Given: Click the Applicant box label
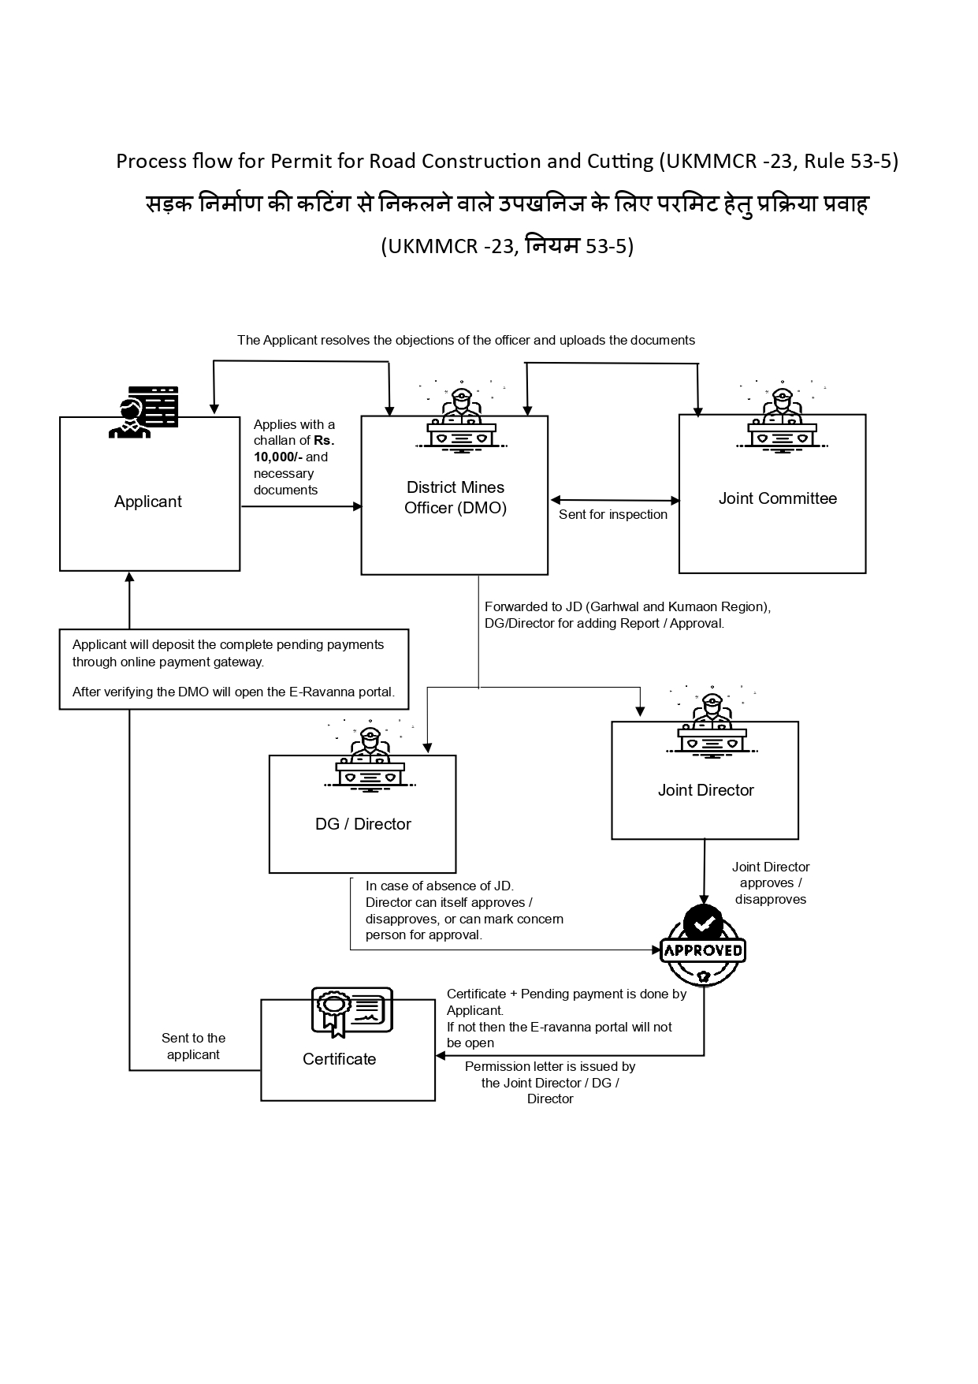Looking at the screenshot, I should [148, 502].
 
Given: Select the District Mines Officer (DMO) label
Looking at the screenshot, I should [456, 498].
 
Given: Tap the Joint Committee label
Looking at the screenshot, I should [777, 498].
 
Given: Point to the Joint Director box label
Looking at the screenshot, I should [705, 790].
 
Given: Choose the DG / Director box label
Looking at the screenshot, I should [363, 824].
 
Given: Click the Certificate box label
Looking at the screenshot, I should [339, 1059].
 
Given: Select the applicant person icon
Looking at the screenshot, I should [142, 412].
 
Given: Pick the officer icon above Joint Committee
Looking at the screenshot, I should [781, 419].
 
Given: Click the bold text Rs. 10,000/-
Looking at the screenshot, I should [293, 449].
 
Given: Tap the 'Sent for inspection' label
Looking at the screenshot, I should [613, 515].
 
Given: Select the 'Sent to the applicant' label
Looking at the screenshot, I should [193, 1046].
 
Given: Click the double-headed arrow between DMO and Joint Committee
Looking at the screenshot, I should [615, 500].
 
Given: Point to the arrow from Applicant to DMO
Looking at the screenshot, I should [300, 506].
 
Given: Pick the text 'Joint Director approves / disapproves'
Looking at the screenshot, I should [771, 883].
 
